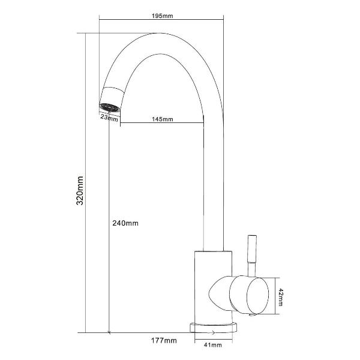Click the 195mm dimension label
click(x=163, y=16)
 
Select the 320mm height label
click(x=80, y=191)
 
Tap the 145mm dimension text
click(x=163, y=119)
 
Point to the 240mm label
click(x=125, y=223)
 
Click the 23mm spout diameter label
click(x=109, y=118)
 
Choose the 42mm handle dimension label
click(x=280, y=298)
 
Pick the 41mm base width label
click(x=213, y=345)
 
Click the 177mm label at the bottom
click(x=164, y=340)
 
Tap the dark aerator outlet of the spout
click(x=110, y=107)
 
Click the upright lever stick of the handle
click(x=252, y=256)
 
